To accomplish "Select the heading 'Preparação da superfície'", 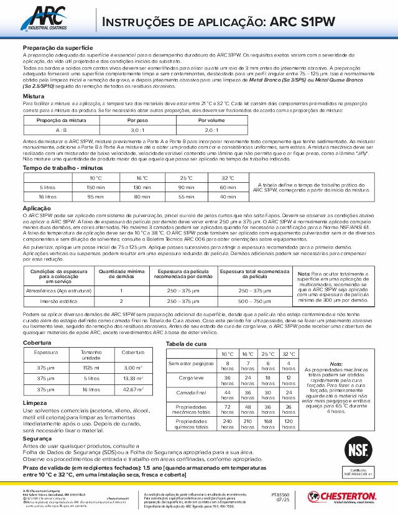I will [58, 48].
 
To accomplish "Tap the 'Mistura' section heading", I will [34, 97].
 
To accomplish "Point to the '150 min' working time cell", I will [95, 187].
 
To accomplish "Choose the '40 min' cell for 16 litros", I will [228, 197].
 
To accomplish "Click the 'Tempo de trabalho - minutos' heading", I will [62, 168].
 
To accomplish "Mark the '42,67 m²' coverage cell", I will [133, 389].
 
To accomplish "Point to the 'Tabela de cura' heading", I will [186, 343].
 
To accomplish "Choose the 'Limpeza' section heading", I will [35, 403].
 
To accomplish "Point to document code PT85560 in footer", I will [282, 493].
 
